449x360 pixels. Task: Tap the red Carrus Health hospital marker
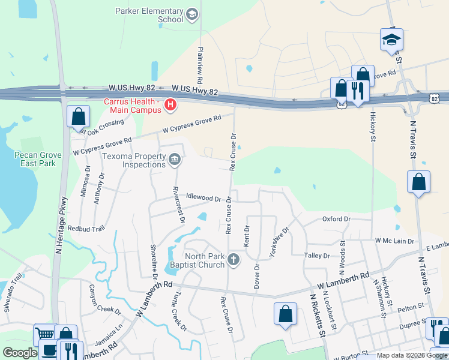tap(170, 106)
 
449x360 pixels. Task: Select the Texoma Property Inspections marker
tap(175, 159)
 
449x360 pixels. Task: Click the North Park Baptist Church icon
tap(234, 259)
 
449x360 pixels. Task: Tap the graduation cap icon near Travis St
tap(391, 41)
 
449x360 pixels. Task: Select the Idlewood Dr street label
tap(204, 197)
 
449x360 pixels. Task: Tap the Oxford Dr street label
tap(336, 219)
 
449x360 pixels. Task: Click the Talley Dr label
tap(318, 256)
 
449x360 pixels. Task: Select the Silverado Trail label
tap(13, 296)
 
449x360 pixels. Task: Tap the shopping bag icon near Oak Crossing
tap(79, 116)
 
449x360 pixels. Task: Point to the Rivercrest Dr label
tap(178, 204)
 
